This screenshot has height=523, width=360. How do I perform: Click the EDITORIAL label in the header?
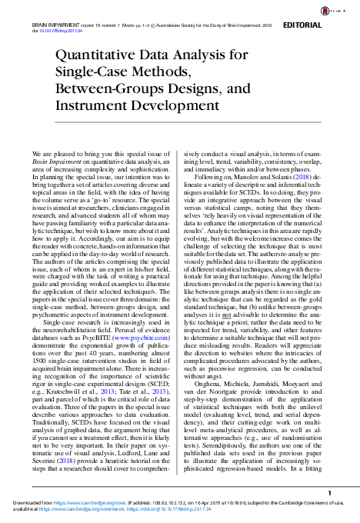point(328,25)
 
